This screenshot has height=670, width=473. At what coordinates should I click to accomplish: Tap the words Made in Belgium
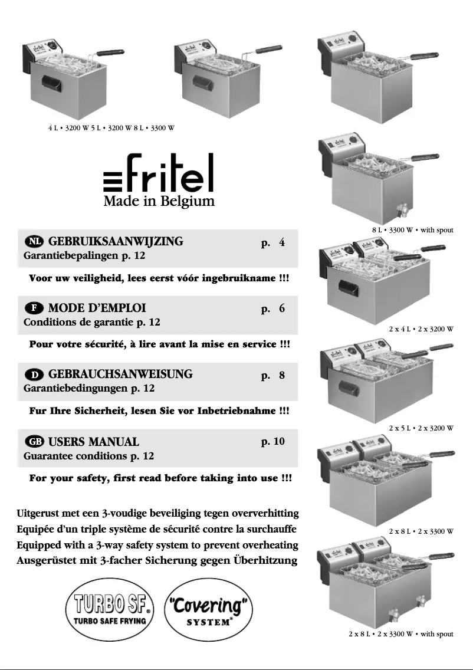[x=159, y=202]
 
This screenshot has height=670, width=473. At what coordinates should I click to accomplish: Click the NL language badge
[x=34, y=242]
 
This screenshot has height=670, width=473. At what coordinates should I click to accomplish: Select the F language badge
[x=34, y=308]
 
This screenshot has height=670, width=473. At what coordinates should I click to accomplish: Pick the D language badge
[x=34, y=375]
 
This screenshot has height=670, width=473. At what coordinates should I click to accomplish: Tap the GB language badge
[x=34, y=442]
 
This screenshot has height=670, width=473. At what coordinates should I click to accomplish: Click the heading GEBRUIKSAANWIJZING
[x=116, y=241]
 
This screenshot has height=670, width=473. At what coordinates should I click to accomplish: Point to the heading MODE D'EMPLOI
[x=97, y=308]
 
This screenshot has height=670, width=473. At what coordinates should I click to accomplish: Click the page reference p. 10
[x=273, y=441]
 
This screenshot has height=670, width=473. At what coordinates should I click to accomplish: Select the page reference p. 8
[x=273, y=375]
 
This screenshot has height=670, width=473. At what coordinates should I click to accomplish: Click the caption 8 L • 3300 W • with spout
[x=412, y=229]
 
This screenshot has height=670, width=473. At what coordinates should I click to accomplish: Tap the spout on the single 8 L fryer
[x=403, y=210]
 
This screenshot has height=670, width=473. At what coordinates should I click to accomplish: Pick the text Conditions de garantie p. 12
[x=91, y=323]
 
